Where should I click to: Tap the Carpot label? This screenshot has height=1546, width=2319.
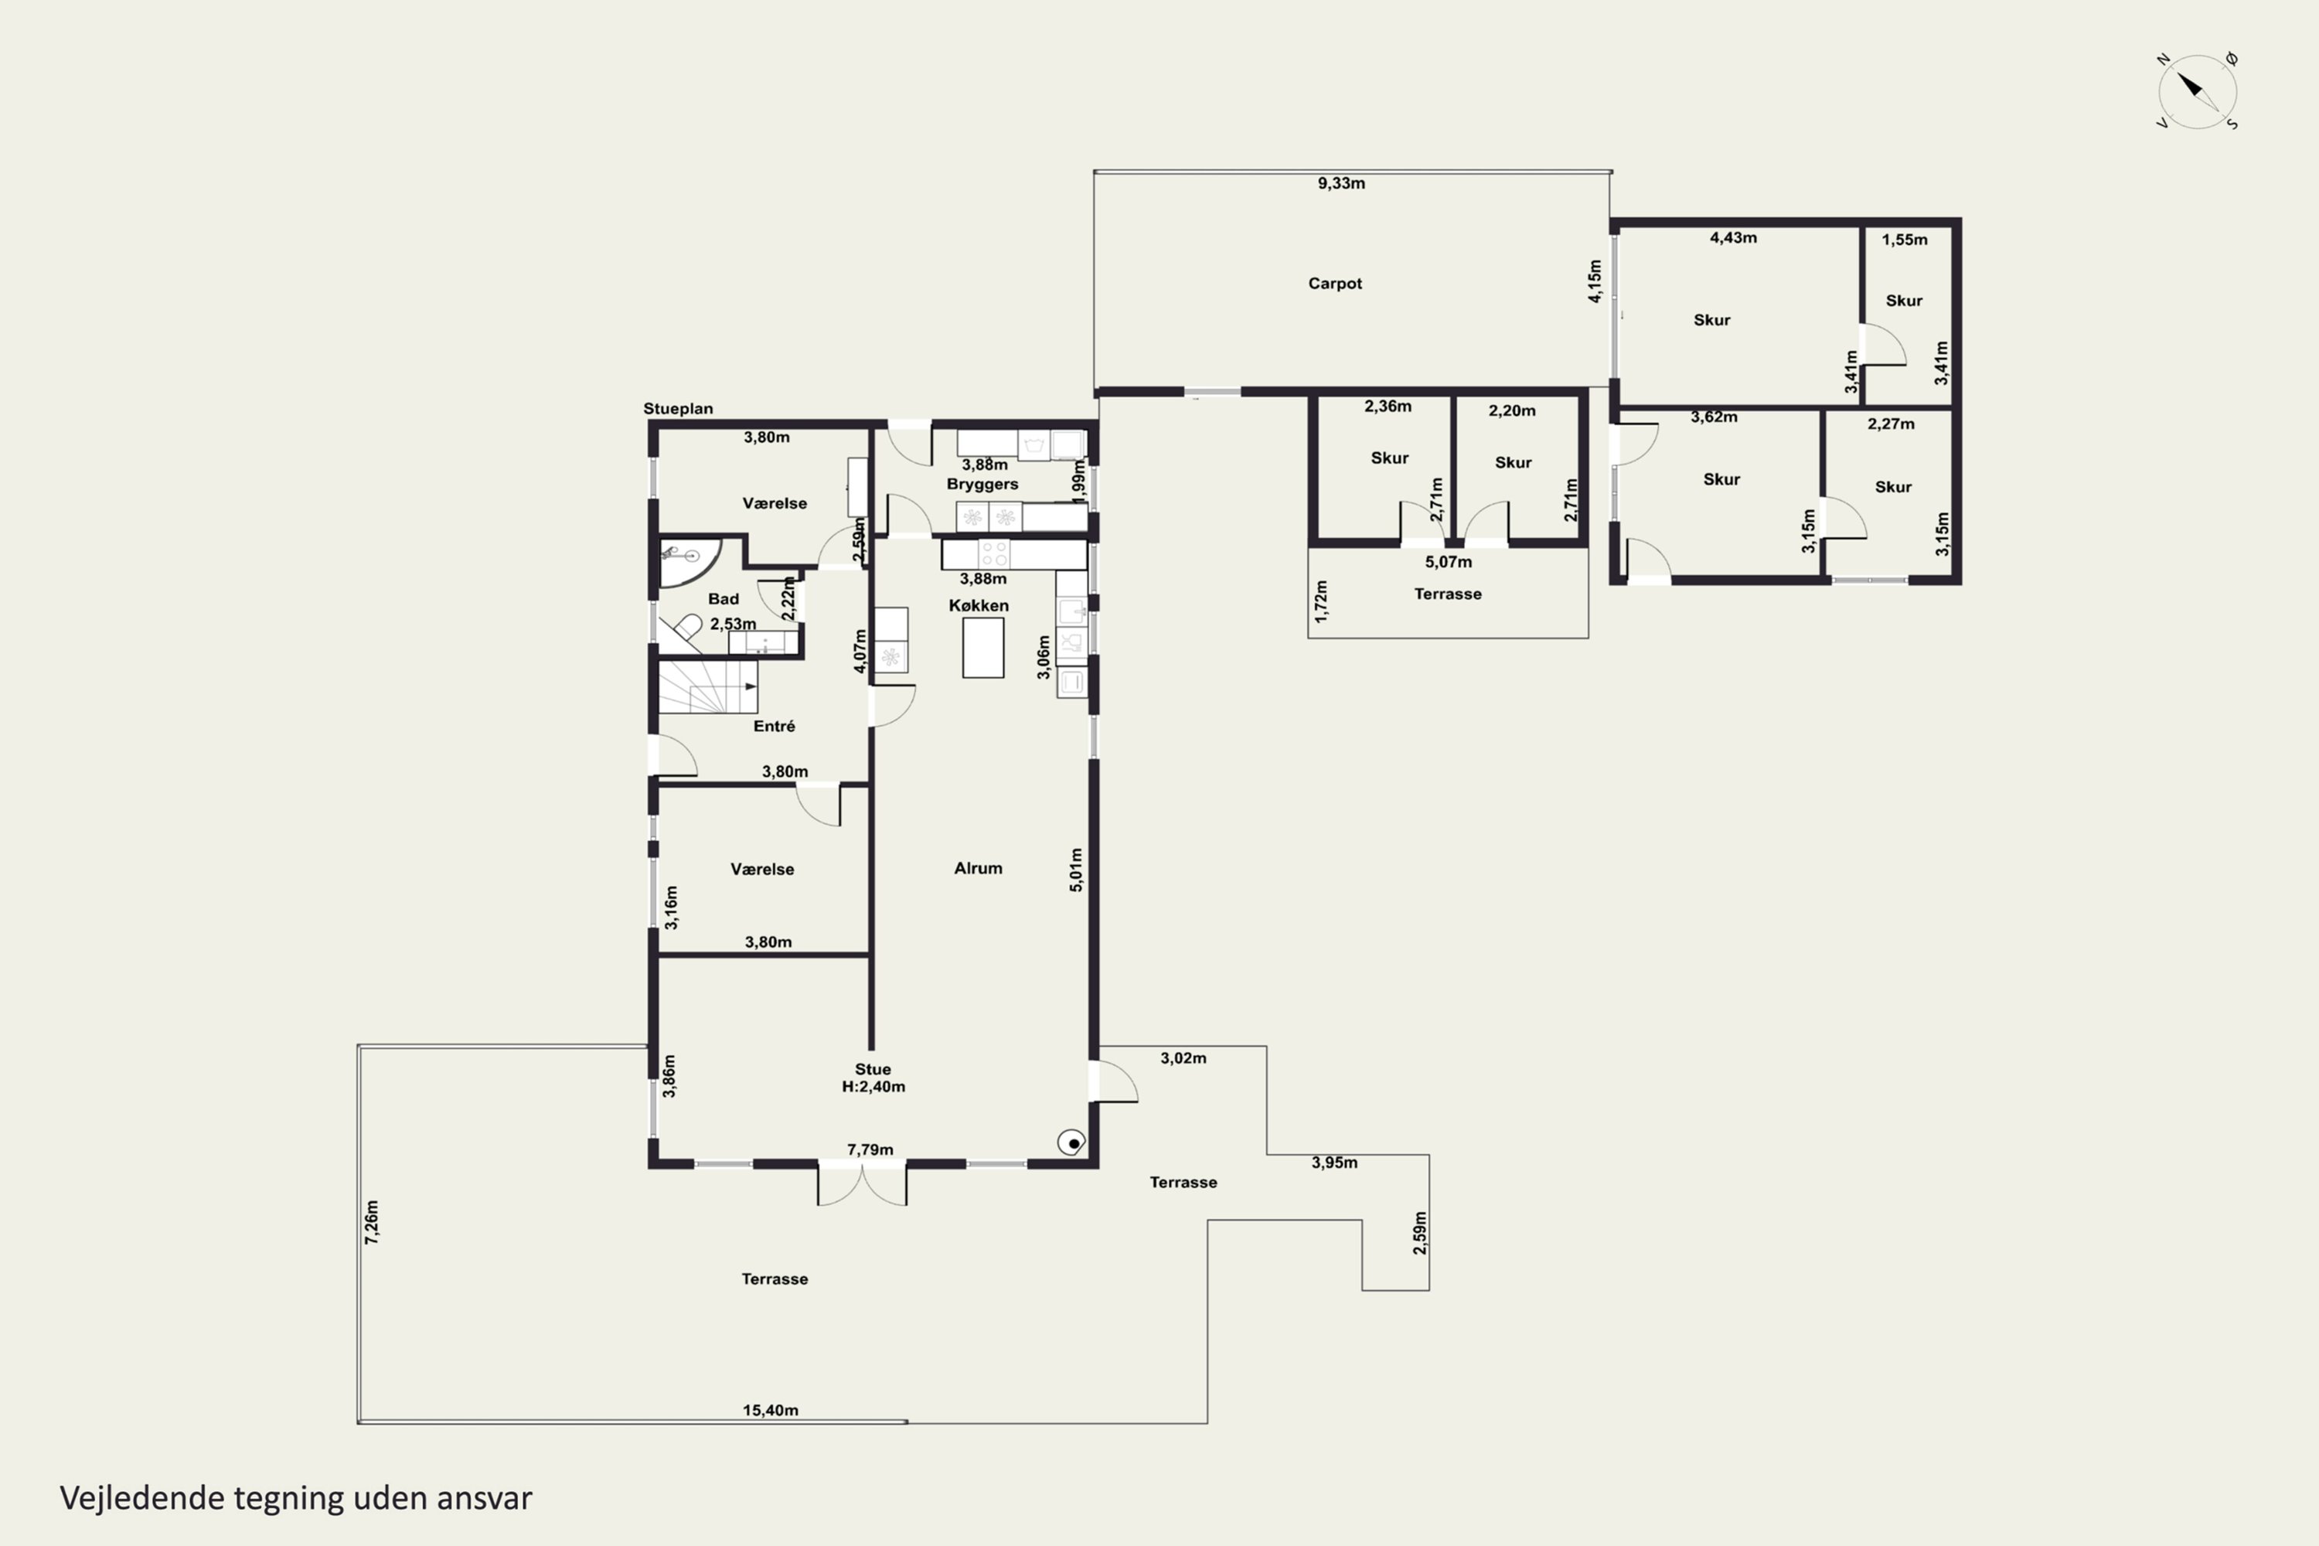(x=1335, y=284)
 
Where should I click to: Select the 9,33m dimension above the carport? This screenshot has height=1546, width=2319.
(x=1341, y=183)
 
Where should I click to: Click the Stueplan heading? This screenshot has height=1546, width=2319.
(x=679, y=408)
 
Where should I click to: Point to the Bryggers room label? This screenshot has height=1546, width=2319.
(x=982, y=484)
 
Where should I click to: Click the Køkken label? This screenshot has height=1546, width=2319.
(x=979, y=605)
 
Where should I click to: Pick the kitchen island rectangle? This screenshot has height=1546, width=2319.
(x=983, y=648)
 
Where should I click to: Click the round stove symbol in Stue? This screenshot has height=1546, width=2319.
(x=1071, y=1142)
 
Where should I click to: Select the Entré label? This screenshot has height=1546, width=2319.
(x=774, y=727)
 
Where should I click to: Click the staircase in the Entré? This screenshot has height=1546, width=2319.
(x=708, y=686)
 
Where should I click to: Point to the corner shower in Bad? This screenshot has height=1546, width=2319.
(x=688, y=562)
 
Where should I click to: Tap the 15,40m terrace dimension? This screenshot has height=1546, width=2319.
(x=770, y=1411)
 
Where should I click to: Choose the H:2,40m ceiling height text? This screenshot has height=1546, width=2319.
(x=873, y=1088)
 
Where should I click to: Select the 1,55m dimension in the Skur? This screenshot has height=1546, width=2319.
(x=1904, y=240)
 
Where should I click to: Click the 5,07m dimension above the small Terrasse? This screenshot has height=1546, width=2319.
(x=1449, y=562)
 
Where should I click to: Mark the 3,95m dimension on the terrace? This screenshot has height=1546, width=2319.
(x=1334, y=1163)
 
